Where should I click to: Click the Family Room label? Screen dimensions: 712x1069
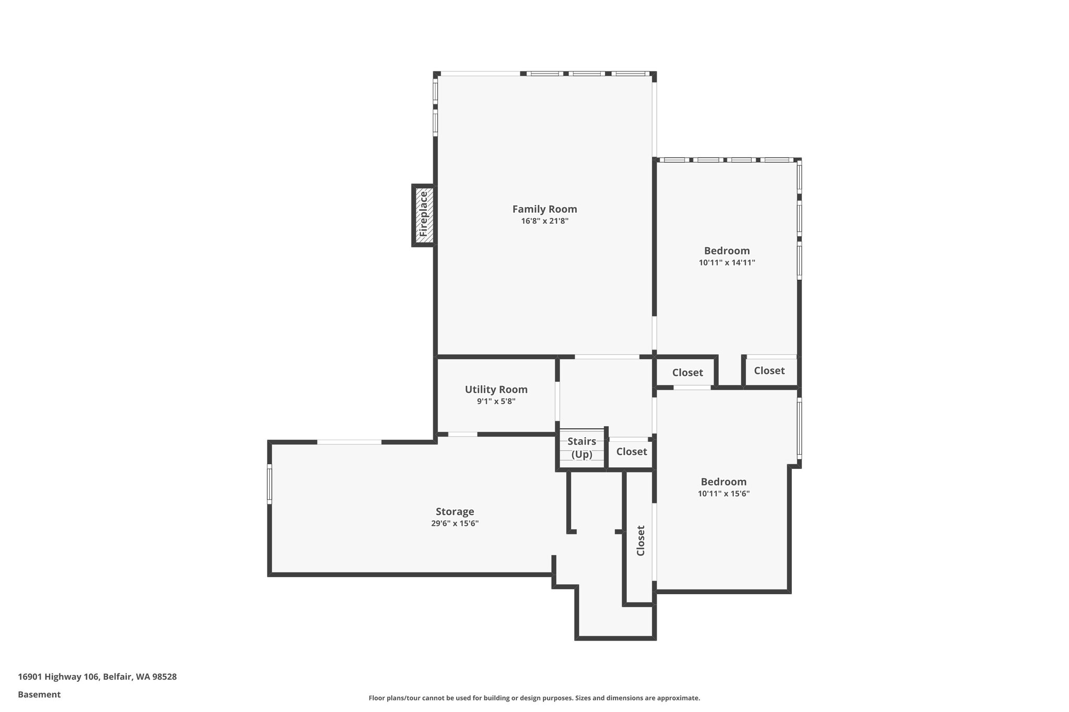(544, 209)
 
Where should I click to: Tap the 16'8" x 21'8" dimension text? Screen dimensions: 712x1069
(544, 221)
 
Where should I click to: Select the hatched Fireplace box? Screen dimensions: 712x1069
(423, 215)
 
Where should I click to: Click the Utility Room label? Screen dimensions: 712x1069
(496, 390)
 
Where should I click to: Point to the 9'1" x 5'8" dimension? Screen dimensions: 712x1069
(496, 402)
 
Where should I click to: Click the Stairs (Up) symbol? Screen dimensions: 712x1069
(581, 448)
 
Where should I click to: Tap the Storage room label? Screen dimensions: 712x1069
(455, 512)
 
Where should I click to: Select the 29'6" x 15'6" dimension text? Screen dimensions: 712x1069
(455, 524)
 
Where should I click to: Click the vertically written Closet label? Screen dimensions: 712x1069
(641, 540)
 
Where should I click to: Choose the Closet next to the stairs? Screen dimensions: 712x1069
(631, 452)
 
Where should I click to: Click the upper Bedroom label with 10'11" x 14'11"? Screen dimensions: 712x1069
(727, 251)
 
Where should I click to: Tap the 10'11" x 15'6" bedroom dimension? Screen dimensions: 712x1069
(723, 494)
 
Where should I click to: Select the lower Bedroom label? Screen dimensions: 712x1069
(723, 482)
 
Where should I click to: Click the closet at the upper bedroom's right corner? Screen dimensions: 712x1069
(769, 371)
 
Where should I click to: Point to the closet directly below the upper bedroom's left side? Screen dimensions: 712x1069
(687, 372)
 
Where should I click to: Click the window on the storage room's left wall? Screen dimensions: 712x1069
(269, 484)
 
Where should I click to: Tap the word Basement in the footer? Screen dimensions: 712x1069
(39, 694)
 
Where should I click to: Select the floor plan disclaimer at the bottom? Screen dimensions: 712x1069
(534, 698)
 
